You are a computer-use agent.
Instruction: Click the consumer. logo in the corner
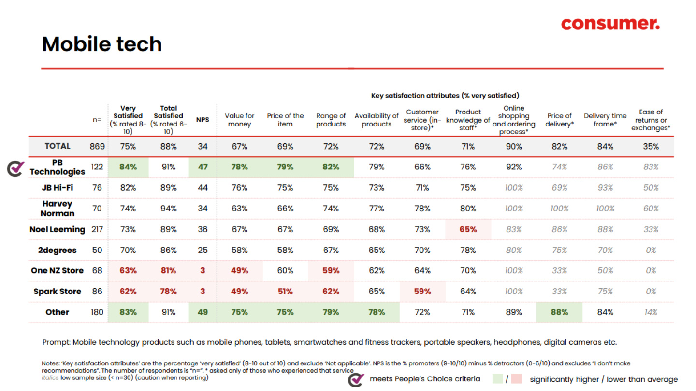click(610, 24)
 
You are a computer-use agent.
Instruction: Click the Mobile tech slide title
click(102, 44)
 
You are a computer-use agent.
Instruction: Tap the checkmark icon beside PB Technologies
click(16, 168)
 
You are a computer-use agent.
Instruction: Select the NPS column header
click(203, 120)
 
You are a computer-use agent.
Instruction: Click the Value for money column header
click(240, 120)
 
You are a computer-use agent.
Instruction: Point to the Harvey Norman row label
click(58, 209)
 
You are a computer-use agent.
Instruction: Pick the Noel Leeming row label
click(58, 229)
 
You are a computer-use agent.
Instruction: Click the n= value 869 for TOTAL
click(97, 146)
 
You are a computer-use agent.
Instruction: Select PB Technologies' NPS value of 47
click(203, 167)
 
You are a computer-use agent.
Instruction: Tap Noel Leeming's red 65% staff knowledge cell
click(468, 229)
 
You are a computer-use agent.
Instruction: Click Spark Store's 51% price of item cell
click(285, 292)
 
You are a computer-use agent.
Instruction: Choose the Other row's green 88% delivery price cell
click(559, 312)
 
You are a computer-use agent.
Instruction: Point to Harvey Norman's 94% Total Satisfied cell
click(168, 209)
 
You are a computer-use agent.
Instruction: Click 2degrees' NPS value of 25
click(203, 250)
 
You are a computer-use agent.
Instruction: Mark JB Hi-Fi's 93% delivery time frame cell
click(605, 188)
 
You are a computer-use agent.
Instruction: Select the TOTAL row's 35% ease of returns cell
click(651, 146)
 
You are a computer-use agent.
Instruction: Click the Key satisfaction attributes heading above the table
click(445, 96)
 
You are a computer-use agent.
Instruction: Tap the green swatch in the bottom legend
click(498, 379)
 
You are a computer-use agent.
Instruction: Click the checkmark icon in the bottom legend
click(356, 379)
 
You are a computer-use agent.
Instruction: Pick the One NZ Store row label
click(58, 271)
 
